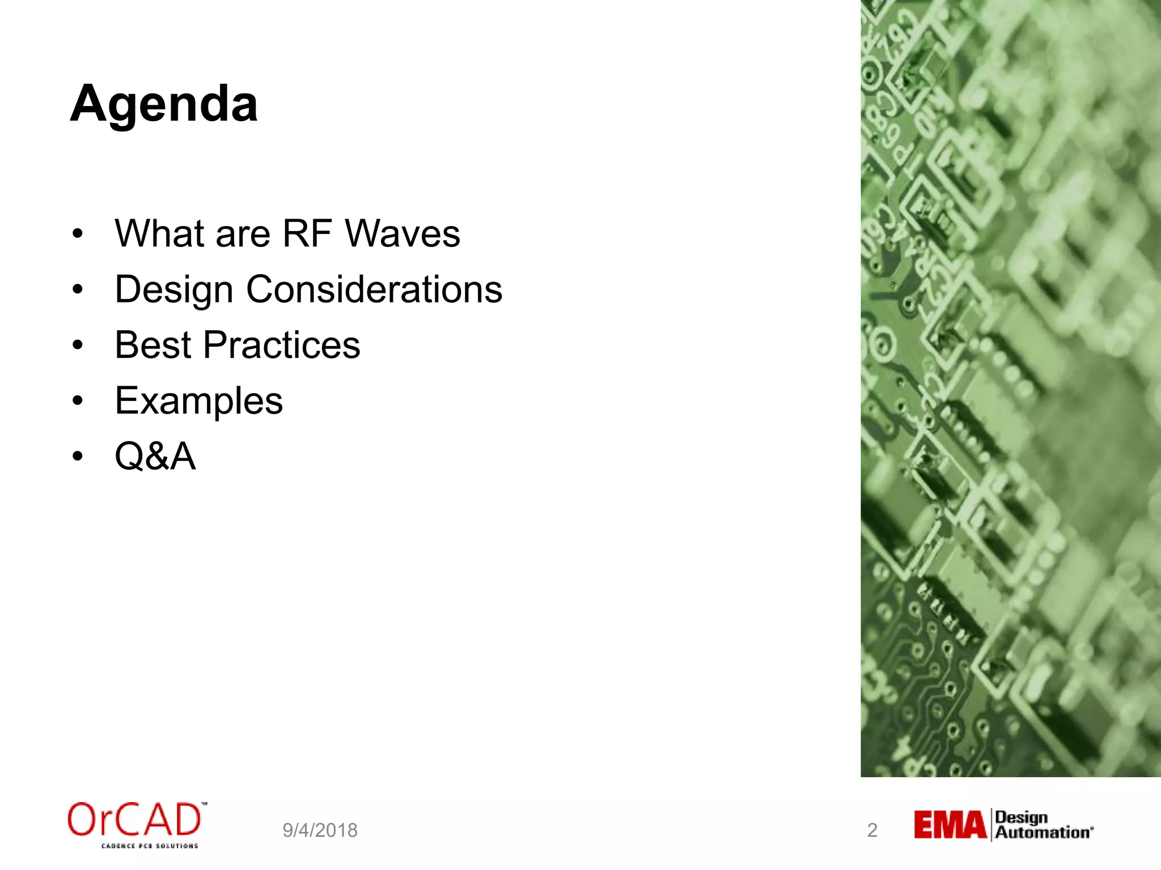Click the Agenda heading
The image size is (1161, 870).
(164, 104)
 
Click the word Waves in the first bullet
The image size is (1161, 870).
(402, 233)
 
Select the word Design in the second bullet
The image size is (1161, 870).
(173, 290)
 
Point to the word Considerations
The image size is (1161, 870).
(374, 289)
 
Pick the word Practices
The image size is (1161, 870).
(282, 345)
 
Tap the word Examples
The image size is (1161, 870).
(198, 401)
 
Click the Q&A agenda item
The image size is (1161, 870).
(155, 456)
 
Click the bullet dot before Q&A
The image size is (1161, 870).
(78, 456)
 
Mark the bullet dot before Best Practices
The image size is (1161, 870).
(78, 345)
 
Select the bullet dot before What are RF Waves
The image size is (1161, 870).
(78, 233)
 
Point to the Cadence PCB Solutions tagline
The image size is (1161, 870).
(150, 846)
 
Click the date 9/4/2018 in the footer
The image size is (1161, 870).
(320, 830)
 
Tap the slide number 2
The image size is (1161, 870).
(872, 830)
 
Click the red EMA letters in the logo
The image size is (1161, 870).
(950, 825)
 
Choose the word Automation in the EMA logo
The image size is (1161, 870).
(1043, 833)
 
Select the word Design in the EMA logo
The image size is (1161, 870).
(1021, 817)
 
